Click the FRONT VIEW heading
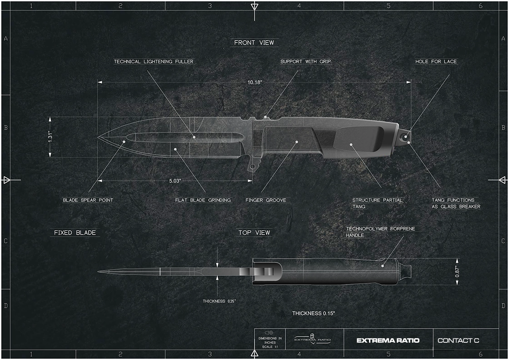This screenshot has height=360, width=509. click(x=254, y=43)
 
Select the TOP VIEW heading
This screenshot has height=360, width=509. click(x=254, y=233)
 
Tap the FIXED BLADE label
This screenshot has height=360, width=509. click(x=75, y=233)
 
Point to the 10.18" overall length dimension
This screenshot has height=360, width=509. click(x=255, y=82)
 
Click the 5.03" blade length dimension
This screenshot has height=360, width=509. click(x=175, y=181)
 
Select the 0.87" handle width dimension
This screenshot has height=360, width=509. click(x=457, y=272)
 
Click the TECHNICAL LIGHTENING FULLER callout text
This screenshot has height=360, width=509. click(x=154, y=62)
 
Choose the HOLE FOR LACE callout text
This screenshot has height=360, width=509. click(x=436, y=62)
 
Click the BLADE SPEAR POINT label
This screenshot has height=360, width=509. click(x=88, y=200)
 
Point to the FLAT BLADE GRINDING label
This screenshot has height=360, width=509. click(x=203, y=200)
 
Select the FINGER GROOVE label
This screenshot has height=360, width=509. click(x=266, y=200)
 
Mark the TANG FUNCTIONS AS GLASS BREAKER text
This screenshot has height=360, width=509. click(x=455, y=203)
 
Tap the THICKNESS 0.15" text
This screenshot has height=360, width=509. click(x=314, y=313)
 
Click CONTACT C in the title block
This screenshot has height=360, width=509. click(x=458, y=340)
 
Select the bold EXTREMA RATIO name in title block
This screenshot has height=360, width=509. click(x=388, y=340)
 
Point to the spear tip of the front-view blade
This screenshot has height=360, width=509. click(x=99, y=137)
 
